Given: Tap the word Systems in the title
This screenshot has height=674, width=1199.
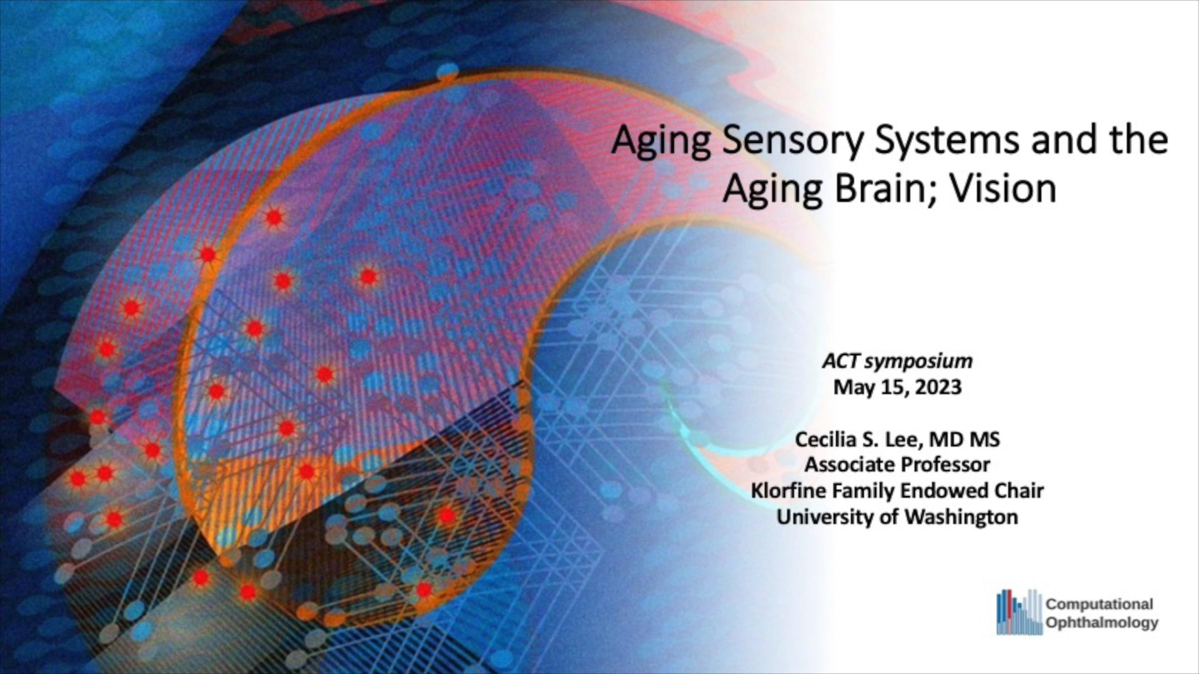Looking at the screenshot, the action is tap(947, 141).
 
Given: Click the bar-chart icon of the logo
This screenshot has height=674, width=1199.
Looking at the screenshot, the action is tap(1019, 612).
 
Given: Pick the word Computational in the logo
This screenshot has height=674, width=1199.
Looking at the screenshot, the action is tap(1099, 605).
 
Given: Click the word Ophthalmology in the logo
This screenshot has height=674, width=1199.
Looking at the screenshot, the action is tap(1102, 623).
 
